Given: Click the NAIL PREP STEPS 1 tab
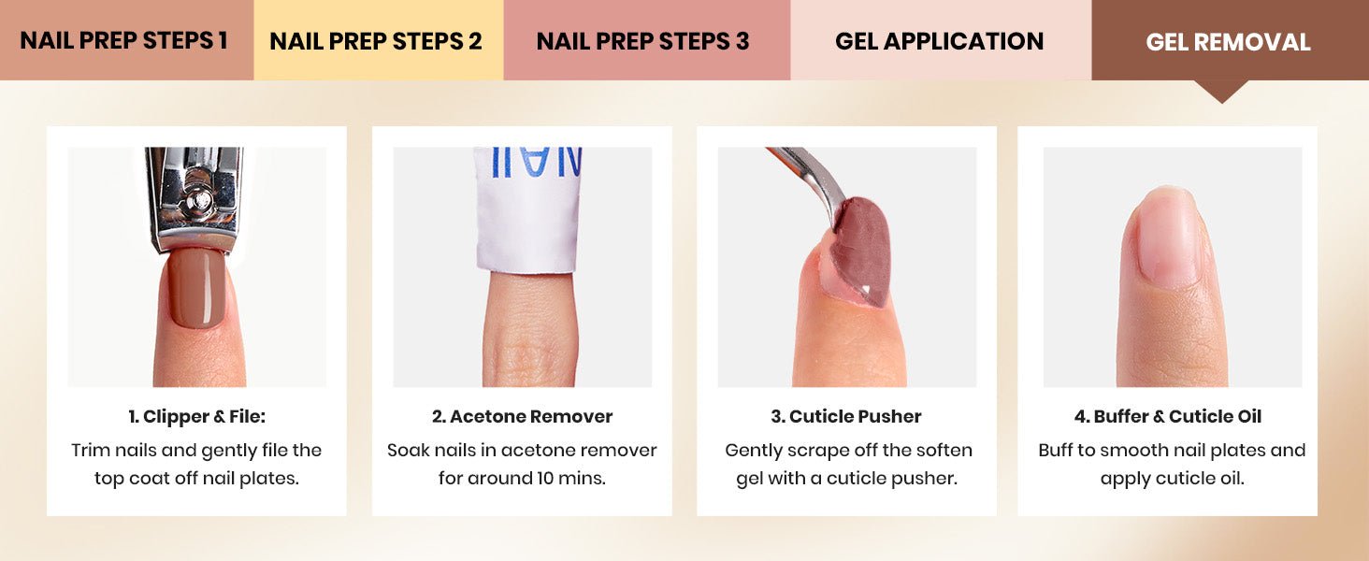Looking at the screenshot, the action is pyautogui.click(x=126, y=40).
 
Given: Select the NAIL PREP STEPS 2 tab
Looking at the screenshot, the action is pyautogui.click(x=379, y=40).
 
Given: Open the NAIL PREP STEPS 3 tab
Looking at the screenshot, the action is pyautogui.click(x=646, y=40).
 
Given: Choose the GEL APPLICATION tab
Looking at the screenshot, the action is pyautogui.click(x=941, y=40).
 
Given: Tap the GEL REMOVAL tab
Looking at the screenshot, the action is pyautogui.click(x=1230, y=40).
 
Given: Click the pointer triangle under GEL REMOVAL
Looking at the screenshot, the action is pyautogui.click(x=1221, y=92).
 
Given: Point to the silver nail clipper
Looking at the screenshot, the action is pyautogui.click(x=195, y=198).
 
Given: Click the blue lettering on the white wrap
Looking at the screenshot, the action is pyautogui.click(x=536, y=163).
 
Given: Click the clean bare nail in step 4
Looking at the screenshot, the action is pyautogui.click(x=1167, y=238).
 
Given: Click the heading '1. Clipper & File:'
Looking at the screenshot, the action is pyautogui.click(x=196, y=417).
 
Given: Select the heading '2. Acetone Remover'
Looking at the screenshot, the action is pyautogui.click(x=522, y=417).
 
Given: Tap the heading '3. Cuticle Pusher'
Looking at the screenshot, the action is pyautogui.click(x=846, y=417).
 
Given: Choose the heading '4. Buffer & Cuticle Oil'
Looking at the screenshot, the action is pyautogui.click(x=1167, y=417).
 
